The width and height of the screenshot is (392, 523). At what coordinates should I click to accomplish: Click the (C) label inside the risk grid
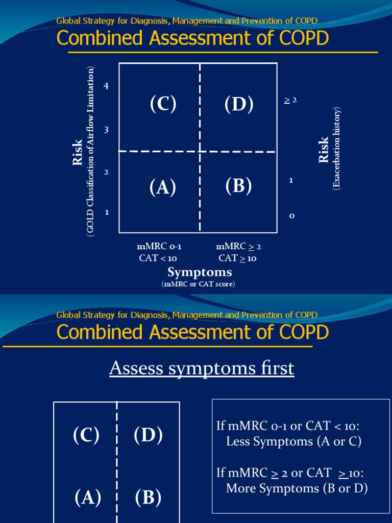163,104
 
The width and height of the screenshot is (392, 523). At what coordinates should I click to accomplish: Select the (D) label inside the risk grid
239,104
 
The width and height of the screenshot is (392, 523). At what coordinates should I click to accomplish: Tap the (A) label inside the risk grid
163,188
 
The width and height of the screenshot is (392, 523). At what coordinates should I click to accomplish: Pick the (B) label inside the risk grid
239,186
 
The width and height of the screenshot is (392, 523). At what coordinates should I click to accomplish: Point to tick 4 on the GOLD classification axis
106,86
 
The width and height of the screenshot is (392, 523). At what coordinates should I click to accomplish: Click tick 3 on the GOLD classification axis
106,130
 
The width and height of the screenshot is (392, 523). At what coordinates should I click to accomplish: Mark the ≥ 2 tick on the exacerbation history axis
290,100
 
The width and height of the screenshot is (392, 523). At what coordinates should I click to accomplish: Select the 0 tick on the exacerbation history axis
291,216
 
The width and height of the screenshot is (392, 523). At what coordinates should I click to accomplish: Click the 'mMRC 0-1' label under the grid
158,247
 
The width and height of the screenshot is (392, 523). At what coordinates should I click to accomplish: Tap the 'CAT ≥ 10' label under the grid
237,258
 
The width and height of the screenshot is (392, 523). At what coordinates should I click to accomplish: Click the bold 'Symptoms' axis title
200,272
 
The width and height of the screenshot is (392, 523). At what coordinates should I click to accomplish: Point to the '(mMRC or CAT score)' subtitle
200,284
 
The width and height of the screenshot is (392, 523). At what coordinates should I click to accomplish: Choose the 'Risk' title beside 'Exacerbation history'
324,150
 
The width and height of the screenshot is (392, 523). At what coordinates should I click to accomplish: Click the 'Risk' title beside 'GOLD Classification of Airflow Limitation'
78,152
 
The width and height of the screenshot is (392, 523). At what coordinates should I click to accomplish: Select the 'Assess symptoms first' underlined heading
202,368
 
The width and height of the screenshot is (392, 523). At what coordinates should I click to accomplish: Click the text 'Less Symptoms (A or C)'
293,442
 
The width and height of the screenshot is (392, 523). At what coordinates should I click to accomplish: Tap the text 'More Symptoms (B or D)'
297,488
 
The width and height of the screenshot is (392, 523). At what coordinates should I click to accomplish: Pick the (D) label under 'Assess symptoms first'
148,435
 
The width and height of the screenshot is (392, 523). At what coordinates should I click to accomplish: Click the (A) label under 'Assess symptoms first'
88,497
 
